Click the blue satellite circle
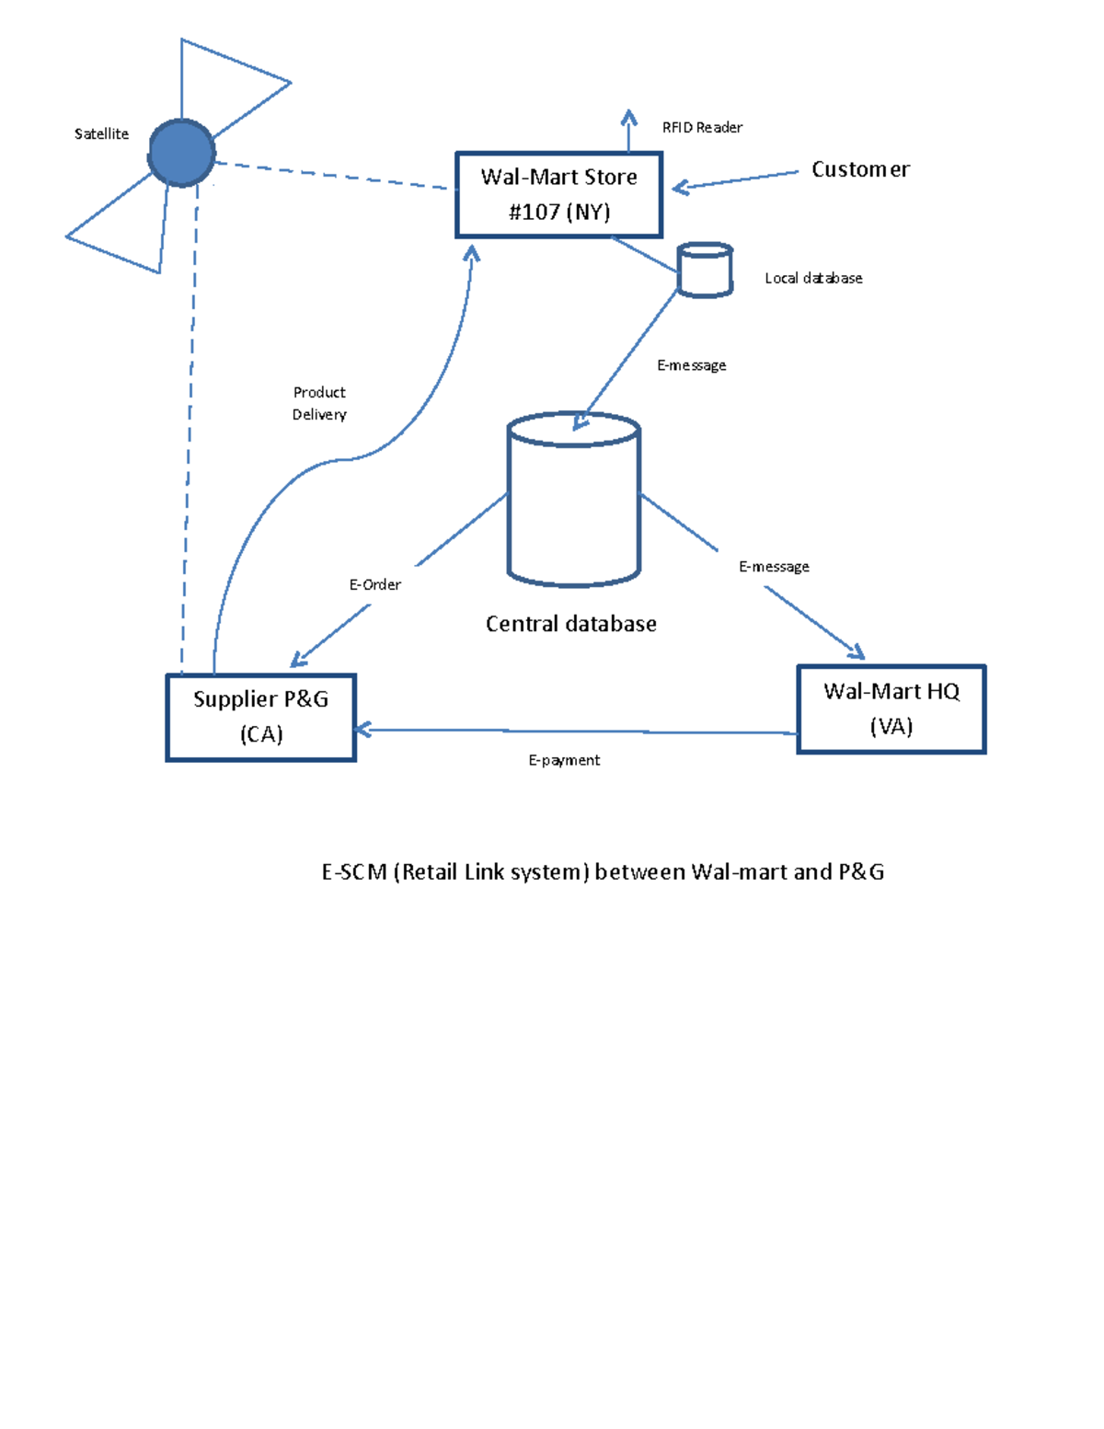181,153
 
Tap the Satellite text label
101,134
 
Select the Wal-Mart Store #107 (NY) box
558,195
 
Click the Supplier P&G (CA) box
260,717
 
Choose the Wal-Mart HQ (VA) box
891,709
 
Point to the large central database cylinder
573,501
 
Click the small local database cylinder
705,271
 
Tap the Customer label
860,170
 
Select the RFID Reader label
702,128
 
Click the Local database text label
813,279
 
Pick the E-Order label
374,585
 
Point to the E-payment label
564,760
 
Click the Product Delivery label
319,404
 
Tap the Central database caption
570,624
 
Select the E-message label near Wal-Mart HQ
774,567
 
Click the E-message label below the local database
691,365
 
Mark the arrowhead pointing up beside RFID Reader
629,118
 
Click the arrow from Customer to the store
736,180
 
